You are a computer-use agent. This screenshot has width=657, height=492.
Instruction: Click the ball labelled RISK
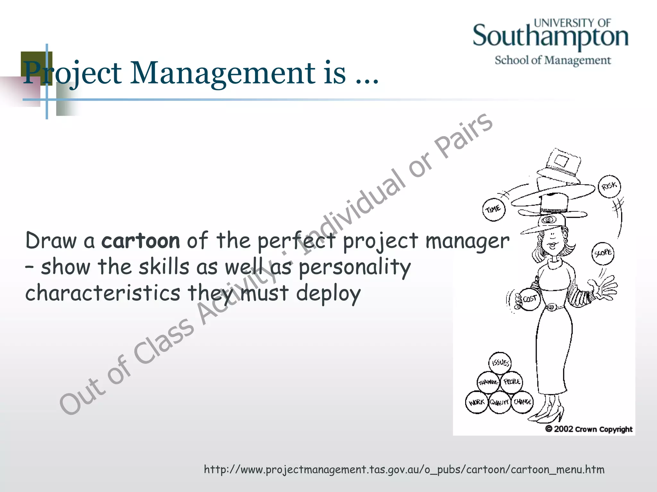point(609,186)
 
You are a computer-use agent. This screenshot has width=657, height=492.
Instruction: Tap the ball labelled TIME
point(494,210)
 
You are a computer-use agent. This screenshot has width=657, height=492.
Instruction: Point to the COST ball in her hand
point(530,299)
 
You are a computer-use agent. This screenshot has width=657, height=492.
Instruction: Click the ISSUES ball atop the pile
point(500,363)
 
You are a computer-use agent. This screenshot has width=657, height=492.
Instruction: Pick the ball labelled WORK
point(476,402)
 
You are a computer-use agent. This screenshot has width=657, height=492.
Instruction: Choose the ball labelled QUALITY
point(499,402)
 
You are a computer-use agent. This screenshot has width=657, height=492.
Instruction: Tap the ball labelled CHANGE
point(522,402)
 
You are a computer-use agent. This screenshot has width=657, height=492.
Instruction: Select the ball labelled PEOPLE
point(511,382)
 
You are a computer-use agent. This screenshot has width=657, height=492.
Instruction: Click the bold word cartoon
point(141,241)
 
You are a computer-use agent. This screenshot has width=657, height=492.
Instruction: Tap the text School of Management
point(553,60)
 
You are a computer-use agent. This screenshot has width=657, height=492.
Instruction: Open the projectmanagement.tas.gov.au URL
point(404,470)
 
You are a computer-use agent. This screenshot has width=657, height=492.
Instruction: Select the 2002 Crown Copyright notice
point(589,429)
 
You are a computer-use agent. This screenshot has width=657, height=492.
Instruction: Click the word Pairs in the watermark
point(463,136)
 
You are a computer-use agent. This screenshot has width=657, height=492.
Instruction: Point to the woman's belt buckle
point(550,307)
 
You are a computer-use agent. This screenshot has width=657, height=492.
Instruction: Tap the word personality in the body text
point(354,267)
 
